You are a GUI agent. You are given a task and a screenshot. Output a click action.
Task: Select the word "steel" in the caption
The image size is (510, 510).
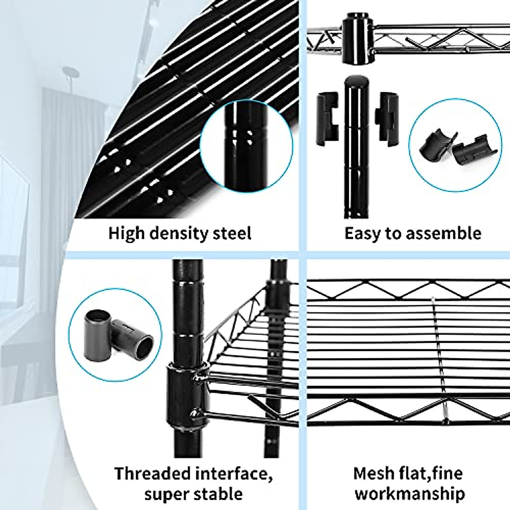click(x=233, y=233)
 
